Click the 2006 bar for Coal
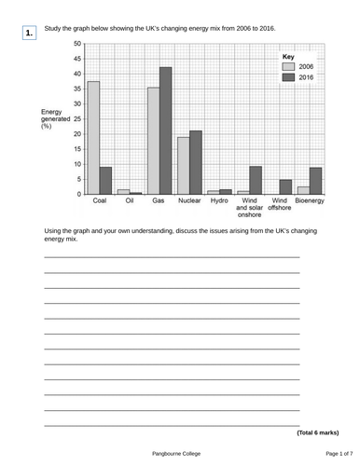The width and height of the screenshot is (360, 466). point(93,137)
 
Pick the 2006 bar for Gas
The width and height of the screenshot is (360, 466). point(153,141)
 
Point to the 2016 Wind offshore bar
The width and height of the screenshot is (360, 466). point(285,186)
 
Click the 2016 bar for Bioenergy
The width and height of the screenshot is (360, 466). point(316,180)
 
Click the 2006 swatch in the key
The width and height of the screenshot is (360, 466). point(288,67)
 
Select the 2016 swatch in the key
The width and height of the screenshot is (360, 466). point(288,78)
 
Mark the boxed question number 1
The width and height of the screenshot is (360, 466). point(30,34)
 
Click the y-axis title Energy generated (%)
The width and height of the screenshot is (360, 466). point(54,118)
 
